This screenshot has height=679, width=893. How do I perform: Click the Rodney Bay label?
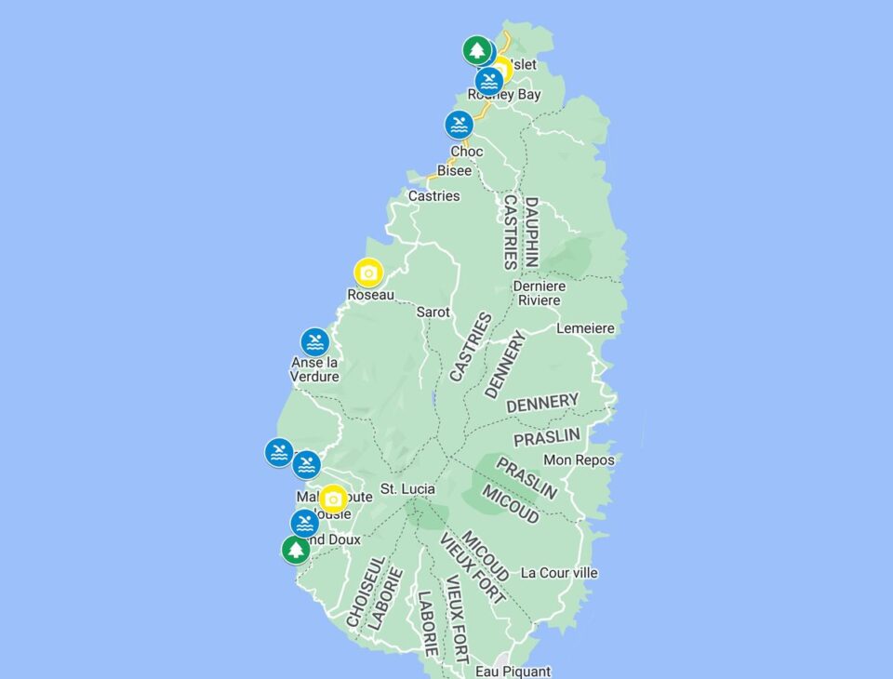(504, 95)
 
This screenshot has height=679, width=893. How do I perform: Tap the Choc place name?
(466, 152)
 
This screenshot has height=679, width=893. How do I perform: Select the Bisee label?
(454, 171)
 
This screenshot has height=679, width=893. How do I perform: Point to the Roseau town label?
(370, 295)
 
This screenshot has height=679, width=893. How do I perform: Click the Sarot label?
(433, 313)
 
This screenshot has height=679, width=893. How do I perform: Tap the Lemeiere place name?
(585, 328)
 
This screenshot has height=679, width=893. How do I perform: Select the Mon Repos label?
(579, 459)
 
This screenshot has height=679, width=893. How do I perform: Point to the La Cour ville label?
(559, 573)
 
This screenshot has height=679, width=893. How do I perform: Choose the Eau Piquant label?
(513, 671)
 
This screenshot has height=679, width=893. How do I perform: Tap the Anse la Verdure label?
(314, 369)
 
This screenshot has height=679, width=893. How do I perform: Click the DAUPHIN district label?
(531, 232)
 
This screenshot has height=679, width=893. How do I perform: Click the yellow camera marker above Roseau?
(368, 273)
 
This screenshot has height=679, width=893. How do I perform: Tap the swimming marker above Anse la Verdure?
(315, 342)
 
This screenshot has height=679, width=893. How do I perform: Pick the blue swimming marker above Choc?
(459, 125)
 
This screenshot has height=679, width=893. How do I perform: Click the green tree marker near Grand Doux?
(296, 550)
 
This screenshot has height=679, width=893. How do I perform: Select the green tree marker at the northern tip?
(476, 49)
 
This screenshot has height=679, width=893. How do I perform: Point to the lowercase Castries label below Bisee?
(433, 196)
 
